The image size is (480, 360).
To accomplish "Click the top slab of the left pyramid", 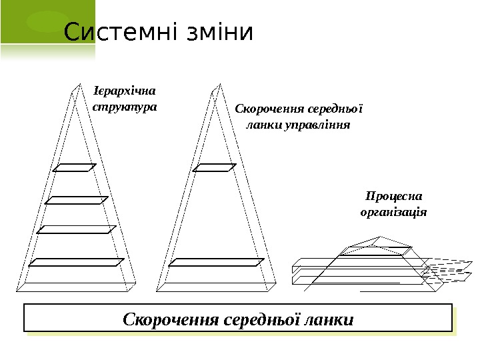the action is [x=75, y=167].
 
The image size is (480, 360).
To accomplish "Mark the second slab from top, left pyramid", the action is [x=76, y=199].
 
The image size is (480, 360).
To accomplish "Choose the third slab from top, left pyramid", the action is [x=77, y=230].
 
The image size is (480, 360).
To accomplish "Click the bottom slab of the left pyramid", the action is [x=77, y=262].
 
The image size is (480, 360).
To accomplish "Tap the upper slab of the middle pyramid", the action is [x=215, y=167].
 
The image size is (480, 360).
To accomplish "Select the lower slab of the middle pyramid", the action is [x=217, y=262].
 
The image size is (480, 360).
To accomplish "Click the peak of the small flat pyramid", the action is [x=380, y=237].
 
